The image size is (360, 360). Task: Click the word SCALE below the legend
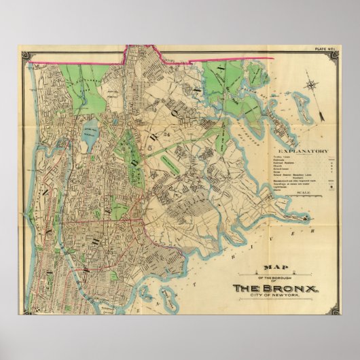point(304,192)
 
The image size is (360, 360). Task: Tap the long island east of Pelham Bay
point(285,126)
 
